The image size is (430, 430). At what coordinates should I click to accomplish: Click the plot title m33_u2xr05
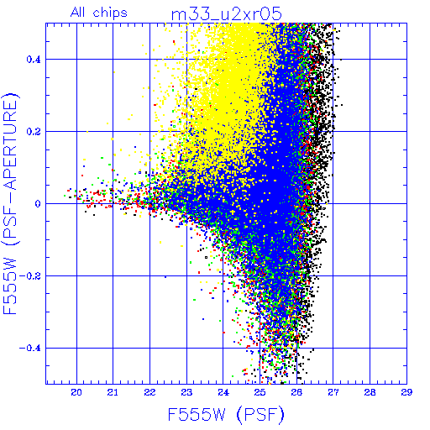pyautogui.click(x=226, y=14)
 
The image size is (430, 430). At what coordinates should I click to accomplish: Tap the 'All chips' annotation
pyautogui.click(x=99, y=13)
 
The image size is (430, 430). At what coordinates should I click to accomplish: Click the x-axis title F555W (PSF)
pyautogui.click(x=226, y=414)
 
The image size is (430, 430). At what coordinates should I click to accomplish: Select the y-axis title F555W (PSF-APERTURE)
pyautogui.click(x=11, y=203)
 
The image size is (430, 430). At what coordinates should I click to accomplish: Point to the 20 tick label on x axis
pyautogui.click(x=76, y=392)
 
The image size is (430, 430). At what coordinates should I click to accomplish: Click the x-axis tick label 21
pyautogui.click(x=113, y=392)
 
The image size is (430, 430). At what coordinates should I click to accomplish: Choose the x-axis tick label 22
pyautogui.click(x=149, y=392)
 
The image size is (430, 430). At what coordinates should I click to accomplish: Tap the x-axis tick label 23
pyautogui.click(x=186, y=392)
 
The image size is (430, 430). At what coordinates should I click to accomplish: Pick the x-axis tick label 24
pyautogui.click(x=223, y=392)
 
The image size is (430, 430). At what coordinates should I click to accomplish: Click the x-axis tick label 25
pyautogui.click(x=260, y=392)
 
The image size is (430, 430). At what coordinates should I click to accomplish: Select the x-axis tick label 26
pyautogui.click(x=296, y=392)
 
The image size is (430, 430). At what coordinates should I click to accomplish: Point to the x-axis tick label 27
pyautogui.click(x=333, y=392)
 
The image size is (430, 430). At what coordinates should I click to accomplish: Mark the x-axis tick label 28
pyautogui.click(x=370, y=392)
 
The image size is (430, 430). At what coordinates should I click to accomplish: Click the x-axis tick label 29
pyautogui.click(x=406, y=392)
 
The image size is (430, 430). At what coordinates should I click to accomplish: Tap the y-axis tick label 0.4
pyautogui.click(x=34, y=60)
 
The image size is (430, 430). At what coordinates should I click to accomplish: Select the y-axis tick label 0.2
pyautogui.click(x=34, y=132)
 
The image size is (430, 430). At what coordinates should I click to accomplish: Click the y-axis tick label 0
pyautogui.click(x=38, y=204)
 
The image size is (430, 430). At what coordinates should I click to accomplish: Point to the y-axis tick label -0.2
pyautogui.click(x=30, y=276)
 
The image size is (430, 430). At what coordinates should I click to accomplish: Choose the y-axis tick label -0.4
pyautogui.click(x=30, y=349)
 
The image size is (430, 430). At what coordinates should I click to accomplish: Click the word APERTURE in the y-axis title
pyautogui.click(x=11, y=149)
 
